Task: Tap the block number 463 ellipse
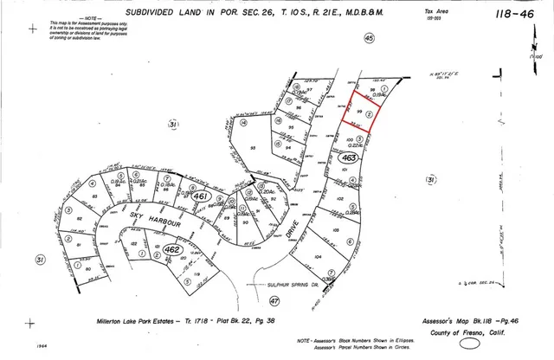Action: coord(348,158)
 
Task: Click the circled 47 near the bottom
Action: coord(275,300)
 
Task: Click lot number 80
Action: coord(88,268)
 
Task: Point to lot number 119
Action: coord(197,274)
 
